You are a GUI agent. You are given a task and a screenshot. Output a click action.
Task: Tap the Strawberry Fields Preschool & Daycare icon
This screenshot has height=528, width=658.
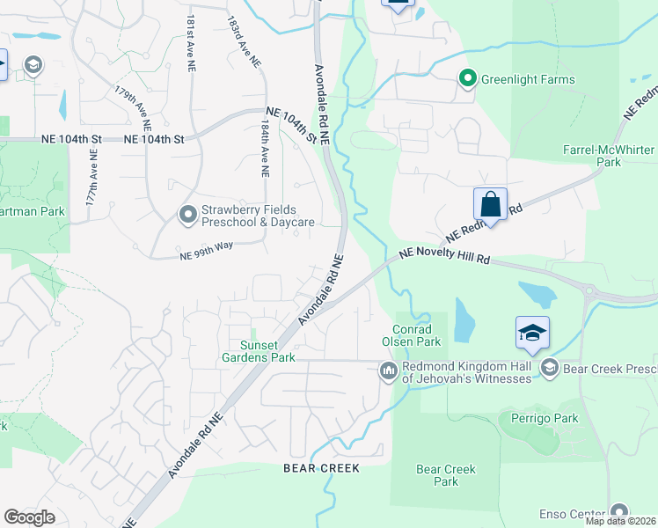click(186, 215)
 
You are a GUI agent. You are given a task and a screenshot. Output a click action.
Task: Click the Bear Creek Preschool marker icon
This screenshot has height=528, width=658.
click(550, 366)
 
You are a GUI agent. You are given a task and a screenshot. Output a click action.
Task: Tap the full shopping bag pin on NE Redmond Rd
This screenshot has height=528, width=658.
click(491, 205)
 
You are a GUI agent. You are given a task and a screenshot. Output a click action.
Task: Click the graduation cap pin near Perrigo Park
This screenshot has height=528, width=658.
click(532, 334)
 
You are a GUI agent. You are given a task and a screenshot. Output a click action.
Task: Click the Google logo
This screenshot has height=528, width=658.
click(29, 517)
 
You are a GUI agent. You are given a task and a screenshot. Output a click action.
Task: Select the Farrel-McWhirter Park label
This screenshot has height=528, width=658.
click(603, 156)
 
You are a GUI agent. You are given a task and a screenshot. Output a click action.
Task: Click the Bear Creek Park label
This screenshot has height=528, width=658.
click(446, 475)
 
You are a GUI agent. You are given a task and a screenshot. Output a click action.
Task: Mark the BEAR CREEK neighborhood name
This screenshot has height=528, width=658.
click(321, 468)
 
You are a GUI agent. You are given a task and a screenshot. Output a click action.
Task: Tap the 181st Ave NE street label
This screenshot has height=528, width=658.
click(189, 42)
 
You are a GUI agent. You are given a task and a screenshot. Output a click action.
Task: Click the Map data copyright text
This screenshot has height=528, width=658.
click(621, 521)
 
